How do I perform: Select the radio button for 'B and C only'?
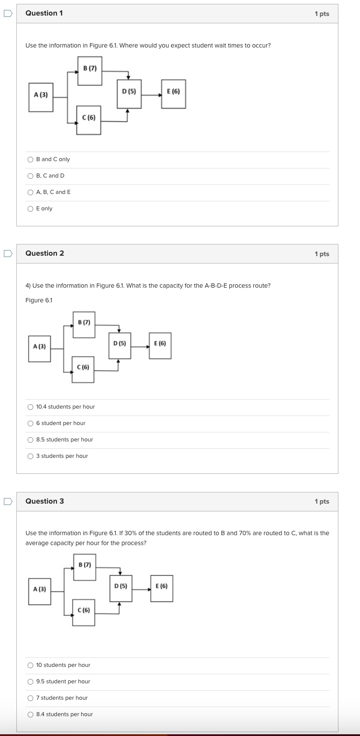click(x=30, y=159)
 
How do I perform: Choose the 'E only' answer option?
click(x=30, y=209)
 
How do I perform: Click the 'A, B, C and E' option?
click(x=30, y=192)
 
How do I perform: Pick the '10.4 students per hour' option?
click(x=30, y=407)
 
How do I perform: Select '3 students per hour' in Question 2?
click(x=30, y=456)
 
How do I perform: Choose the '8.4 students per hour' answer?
click(x=30, y=714)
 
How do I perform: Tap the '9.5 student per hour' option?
click(x=30, y=682)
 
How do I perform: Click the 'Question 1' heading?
click(x=44, y=13)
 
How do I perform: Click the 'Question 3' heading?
click(x=44, y=501)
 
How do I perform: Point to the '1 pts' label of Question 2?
click(x=322, y=254)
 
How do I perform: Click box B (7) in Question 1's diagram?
click(x=90, y=71)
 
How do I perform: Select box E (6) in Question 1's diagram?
click(x=174, y=94)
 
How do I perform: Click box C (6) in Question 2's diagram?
click(x=83, y=369)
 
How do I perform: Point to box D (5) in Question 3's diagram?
click(x=121, y=588)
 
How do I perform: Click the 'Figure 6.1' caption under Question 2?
click(x=39, y=300)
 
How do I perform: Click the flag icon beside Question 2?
click(x=8, y=254)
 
